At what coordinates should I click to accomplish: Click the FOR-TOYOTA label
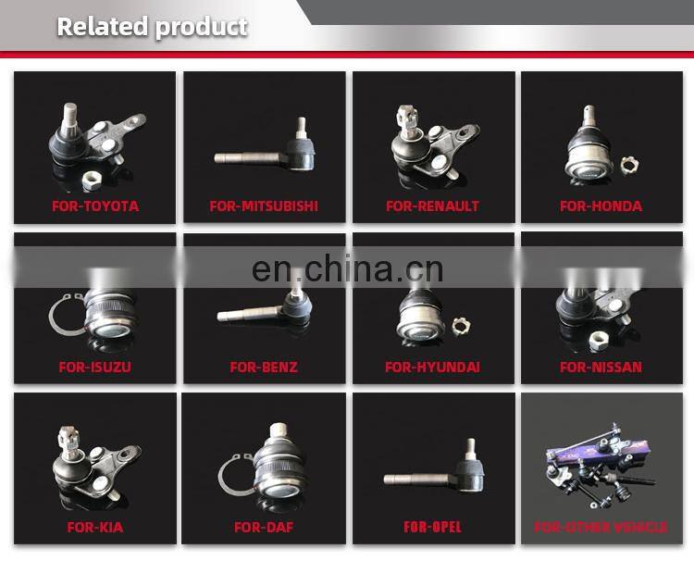95,206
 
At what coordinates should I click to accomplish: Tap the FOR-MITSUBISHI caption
264,206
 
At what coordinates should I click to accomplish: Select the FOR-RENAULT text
432,206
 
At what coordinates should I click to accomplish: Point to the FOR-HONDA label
601,206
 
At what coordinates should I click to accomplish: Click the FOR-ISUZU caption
95,368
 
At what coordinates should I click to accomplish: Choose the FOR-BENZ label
264,368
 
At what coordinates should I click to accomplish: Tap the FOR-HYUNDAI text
432,368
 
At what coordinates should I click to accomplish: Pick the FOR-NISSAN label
601,368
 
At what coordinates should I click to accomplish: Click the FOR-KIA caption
95,527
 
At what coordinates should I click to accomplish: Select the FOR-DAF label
264,527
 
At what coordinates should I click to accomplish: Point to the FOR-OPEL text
432,527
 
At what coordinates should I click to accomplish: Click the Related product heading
153,27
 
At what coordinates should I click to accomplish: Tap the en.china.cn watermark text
347,268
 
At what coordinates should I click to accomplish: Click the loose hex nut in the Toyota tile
92,181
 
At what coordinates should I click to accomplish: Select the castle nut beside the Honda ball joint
629,166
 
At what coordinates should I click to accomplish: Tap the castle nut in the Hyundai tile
461,327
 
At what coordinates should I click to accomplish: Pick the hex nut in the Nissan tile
599,341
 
